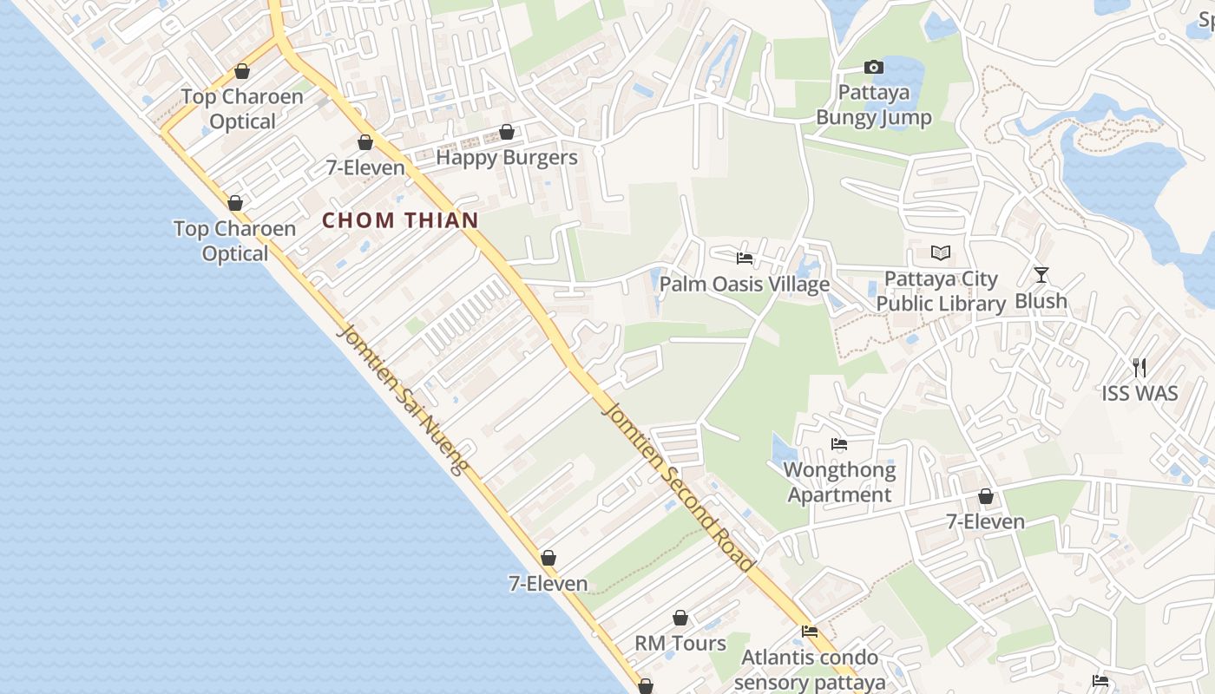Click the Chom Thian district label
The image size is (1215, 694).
point(400,220)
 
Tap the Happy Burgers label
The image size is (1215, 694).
point(507,158)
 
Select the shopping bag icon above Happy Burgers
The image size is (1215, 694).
point(507,132)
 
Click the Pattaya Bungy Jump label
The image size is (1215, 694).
point(874,105)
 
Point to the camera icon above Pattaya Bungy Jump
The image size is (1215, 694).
point(874,67)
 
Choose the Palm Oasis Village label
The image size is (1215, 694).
point(745,285)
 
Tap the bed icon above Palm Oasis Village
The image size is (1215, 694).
point(745,258)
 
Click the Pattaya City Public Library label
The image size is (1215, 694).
point(941,291)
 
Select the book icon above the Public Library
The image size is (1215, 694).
point(941,252)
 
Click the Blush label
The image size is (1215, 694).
point(1041,301)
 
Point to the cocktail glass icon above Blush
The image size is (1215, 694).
point(1041,275)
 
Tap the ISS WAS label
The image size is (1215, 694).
point(1139,394)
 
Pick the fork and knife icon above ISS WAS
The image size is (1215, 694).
point(1139,368)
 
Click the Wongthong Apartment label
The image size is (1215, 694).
point(839,482)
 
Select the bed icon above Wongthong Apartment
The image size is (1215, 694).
point(839,444)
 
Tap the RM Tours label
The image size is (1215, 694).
point(680,644)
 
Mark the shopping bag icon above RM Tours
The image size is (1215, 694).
point(680,618)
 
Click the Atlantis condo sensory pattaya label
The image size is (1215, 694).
point(810,670)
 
